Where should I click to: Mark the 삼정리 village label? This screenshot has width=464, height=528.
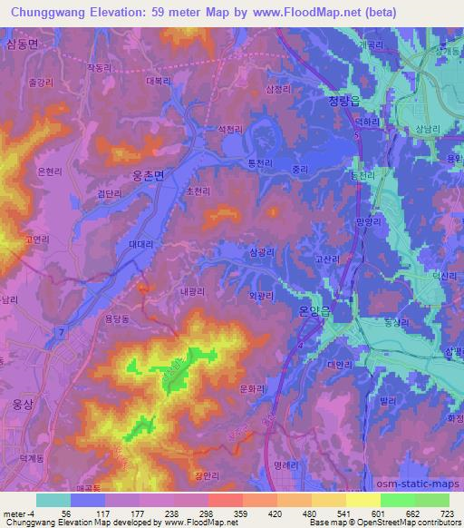[x=278, y=89]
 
